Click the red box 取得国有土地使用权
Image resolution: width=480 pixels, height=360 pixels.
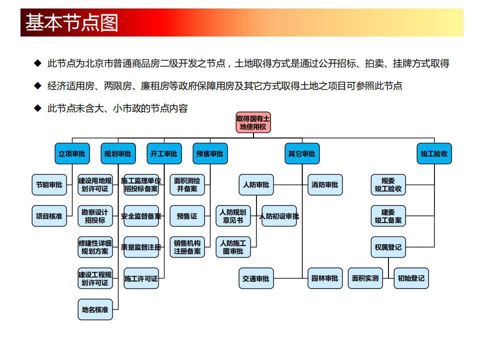(253, 122)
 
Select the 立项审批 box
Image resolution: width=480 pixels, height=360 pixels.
(71, 154)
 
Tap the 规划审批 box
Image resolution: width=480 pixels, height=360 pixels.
(118, 154)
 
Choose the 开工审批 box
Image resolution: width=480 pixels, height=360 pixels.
(163, 154)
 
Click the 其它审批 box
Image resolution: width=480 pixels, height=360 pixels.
(301, 154)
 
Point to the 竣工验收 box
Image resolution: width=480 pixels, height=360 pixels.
(434, 154)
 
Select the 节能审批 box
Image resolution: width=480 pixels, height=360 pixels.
(49, 185)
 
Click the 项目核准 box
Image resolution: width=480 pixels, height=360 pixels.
(49, 216)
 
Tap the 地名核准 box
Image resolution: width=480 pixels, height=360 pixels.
(95, 309)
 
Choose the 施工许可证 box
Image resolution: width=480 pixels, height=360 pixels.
(141, 278)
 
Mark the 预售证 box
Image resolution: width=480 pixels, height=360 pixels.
(187, 216)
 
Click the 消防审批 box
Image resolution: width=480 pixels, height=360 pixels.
(325, 185)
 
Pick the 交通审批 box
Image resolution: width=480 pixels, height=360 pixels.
(256, 278)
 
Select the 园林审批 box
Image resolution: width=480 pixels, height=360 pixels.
(325, 278)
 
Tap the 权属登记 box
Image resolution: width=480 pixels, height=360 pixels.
(388, 247)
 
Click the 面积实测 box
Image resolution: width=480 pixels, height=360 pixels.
(365, 278)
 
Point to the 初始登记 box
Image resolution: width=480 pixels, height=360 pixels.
(411, 278)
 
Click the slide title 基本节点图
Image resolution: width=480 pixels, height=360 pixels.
(72, 23)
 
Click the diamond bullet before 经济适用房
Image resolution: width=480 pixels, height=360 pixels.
(36, 85)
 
